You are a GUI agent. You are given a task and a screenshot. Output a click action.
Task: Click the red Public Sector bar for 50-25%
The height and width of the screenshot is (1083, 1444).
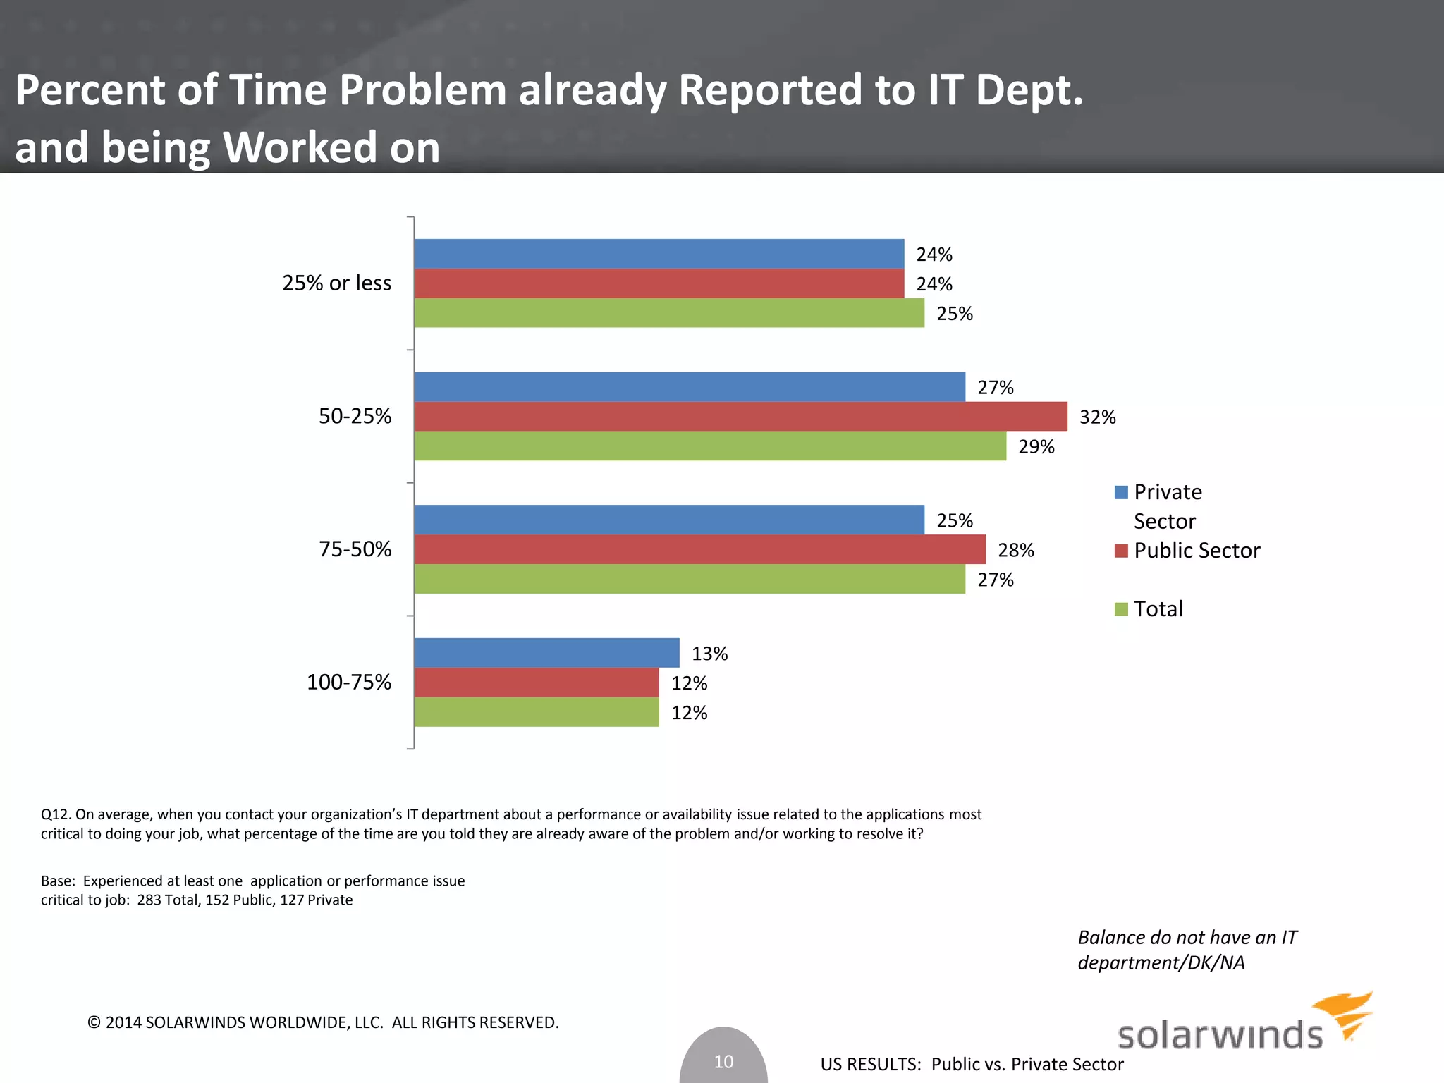(740, 416)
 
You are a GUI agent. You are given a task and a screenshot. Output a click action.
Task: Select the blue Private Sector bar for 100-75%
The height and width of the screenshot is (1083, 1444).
(546, 652)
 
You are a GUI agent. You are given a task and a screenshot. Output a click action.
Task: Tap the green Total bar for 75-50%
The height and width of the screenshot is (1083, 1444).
(690, 579)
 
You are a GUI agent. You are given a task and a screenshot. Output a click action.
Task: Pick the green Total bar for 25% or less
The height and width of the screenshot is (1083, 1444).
(669, 313)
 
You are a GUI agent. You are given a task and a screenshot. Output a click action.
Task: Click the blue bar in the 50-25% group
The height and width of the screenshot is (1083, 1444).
(690, 386)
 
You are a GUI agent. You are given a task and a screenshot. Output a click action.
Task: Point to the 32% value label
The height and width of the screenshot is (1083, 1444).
(1097, 417)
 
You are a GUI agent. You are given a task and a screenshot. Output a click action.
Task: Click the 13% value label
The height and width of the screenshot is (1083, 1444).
(709, 654)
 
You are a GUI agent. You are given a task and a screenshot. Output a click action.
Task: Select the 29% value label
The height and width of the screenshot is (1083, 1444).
(1036, 447)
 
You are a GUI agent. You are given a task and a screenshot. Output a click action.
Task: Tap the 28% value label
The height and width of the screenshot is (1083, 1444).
(1015, 550)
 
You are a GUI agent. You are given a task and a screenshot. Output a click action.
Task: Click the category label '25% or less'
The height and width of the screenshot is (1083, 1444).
(336, 283)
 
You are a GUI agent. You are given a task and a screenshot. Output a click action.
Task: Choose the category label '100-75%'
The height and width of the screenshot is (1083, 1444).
(348, 682)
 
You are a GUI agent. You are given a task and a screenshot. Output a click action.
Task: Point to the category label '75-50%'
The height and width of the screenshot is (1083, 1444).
(355, 549)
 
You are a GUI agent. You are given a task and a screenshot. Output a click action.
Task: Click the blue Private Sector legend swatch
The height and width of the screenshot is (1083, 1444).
(1121, 492)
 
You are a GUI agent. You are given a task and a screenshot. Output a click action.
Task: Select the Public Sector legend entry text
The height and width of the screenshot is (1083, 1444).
(1197, 550)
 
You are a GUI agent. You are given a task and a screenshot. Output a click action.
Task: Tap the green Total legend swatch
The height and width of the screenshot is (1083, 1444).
(1121, 609)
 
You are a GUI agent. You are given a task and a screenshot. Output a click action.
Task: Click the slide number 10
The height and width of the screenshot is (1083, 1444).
(723, 1061)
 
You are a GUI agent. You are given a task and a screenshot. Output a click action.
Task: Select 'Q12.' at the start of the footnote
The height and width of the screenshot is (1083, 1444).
(56, 814)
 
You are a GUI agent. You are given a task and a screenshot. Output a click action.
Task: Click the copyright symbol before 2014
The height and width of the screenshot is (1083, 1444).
(94, 1022)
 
